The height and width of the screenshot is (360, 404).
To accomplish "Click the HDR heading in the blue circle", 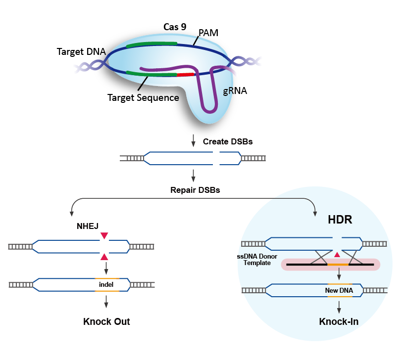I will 340,220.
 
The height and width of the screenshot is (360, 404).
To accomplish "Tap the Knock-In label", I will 339,322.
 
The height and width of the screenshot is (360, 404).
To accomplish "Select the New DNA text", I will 339,291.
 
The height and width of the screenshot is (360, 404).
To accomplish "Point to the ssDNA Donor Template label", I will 257,260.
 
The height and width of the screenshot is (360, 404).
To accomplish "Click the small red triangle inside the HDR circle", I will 337,255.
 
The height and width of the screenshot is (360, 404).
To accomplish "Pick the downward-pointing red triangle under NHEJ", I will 104,236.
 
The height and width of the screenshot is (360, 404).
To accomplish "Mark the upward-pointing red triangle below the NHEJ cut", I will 104,256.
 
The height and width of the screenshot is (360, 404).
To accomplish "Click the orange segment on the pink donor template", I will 338,265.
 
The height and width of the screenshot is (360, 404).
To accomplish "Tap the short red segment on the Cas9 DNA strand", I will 186,75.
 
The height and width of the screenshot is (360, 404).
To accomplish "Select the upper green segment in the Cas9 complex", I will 151,45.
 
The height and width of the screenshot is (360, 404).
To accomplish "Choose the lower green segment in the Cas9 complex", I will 151,74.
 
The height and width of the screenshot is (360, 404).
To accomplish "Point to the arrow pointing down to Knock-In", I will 339,307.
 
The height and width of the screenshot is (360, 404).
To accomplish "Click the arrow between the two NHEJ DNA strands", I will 106,269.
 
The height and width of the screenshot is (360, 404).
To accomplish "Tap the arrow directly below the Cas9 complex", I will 193,140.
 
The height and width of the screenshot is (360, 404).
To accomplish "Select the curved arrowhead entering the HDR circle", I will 315,212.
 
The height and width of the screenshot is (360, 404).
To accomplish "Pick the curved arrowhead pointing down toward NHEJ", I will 72,212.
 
